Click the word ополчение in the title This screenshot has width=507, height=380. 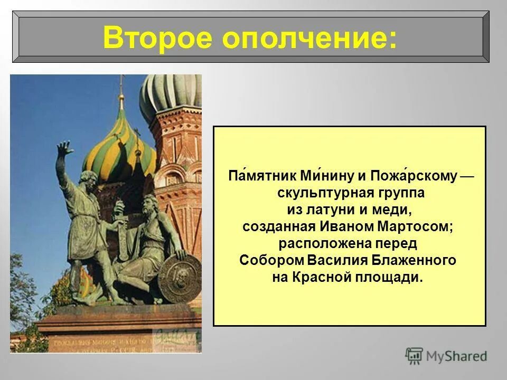click(x=309, y=38)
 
